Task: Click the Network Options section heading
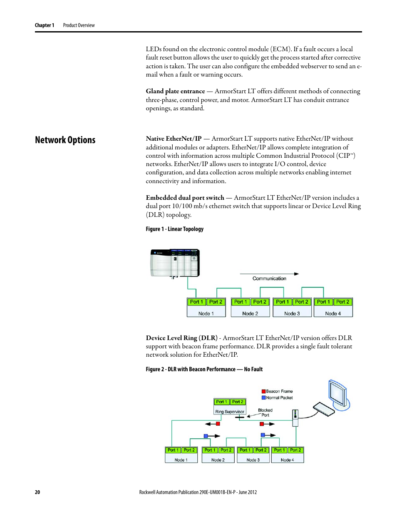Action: pos(65,140)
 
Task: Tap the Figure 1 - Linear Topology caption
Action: pos(174,229)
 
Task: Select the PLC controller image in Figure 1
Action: pos(175,263)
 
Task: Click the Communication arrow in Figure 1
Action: pos(269,274)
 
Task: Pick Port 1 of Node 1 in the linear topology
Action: pos(196,302)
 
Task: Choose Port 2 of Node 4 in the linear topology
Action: pos(342,302)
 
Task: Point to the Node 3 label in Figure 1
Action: pos(292,313)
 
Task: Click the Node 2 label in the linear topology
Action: pos(250,313)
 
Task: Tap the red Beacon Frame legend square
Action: pos(263,391)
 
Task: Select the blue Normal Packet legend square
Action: pos(263,397)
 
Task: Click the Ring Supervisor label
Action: pos(230,412)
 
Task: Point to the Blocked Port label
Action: pos(265,412)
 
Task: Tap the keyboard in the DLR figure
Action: pos(324,409)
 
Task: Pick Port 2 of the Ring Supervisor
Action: pos(238,402)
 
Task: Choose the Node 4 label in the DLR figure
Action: pos(287,460)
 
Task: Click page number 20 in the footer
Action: pos(37,492)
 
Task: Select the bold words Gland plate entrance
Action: pos(175,91)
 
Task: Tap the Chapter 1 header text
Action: pos(45,25)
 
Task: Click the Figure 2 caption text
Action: pos(204,369)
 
